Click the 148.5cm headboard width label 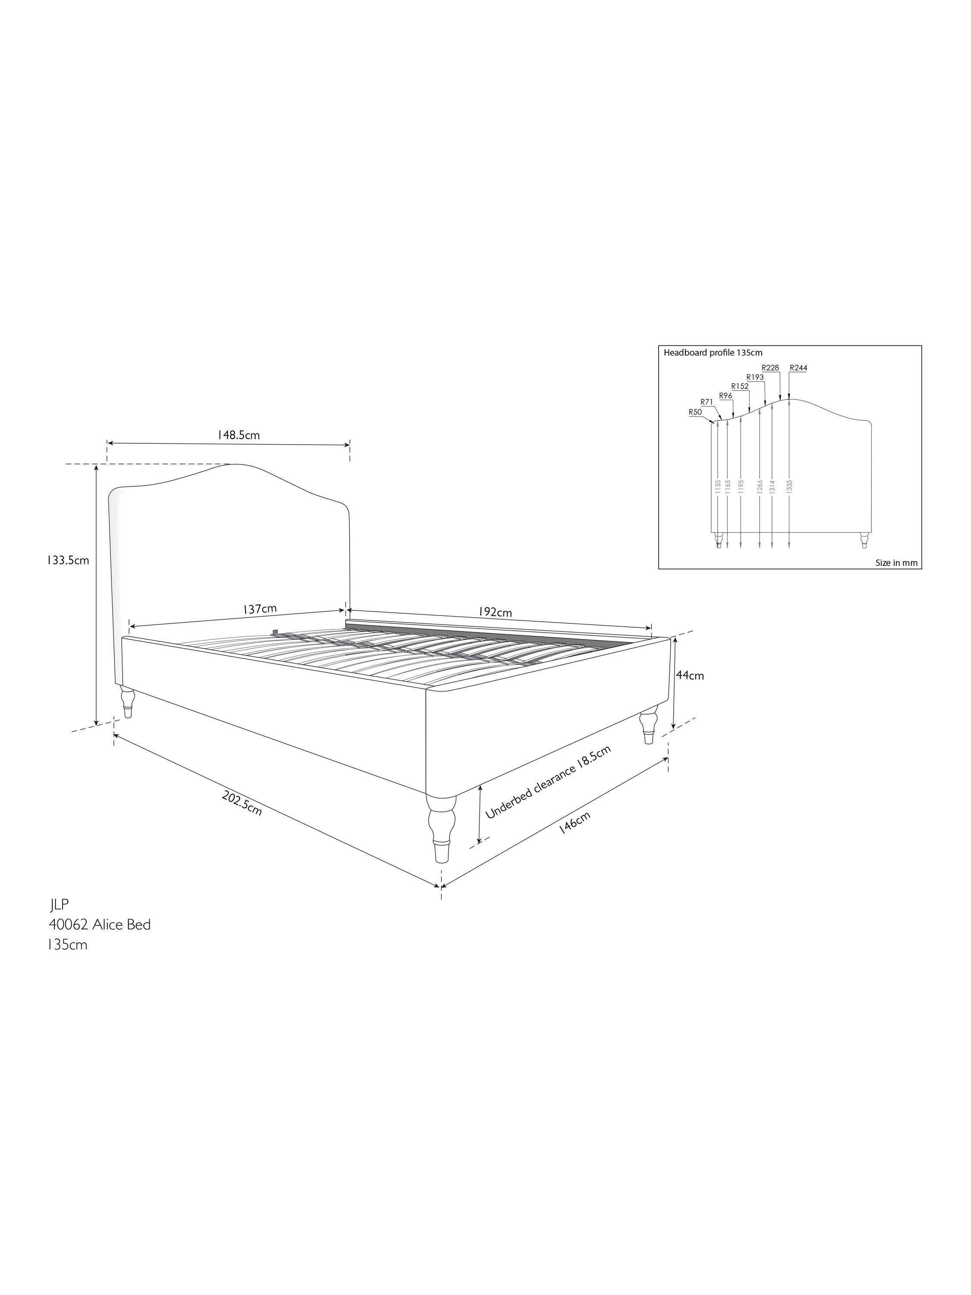tap(238, 435)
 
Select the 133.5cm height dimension tap(68, 560)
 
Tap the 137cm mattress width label tap(260, 609)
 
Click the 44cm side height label tap(690, 675)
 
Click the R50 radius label tap(695, 412)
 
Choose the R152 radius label tap(740, 386)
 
